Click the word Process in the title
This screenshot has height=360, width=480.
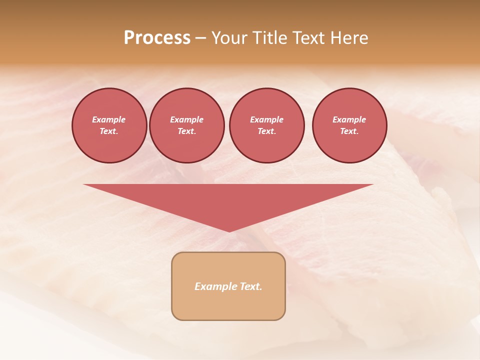tap(157, 38)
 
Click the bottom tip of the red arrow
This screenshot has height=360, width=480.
tap(229, 230)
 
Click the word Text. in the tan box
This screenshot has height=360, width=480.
tap(250, 286)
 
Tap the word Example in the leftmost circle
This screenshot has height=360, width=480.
tap(109, 119)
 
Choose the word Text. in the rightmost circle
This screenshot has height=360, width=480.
tap(349, 131)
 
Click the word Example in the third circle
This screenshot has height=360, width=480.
tap(266, 119)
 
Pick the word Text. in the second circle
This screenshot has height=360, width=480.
tap(186, 131)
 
